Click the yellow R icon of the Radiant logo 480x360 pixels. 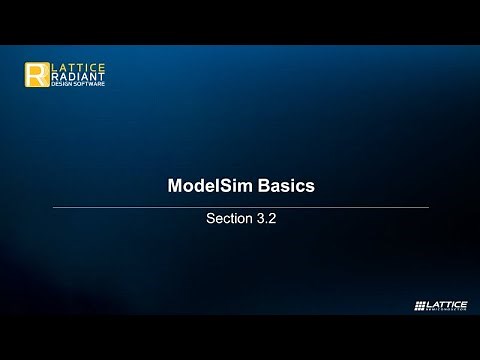pos(37,76)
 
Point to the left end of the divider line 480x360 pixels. pos(53,207)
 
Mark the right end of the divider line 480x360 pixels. pos(428,207)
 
